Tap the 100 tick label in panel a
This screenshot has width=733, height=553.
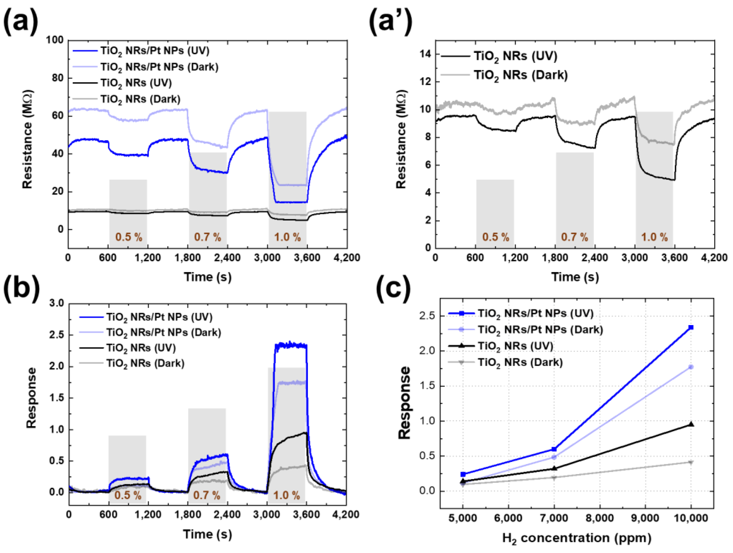(x=54, y=40)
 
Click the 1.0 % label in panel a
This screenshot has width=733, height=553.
(x=287, y=237)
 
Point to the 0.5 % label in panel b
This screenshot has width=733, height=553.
(x=128, y=496)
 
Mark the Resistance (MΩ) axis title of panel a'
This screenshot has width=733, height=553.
(x=401, y=139)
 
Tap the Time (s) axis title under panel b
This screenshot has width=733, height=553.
(x=207, y=534)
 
